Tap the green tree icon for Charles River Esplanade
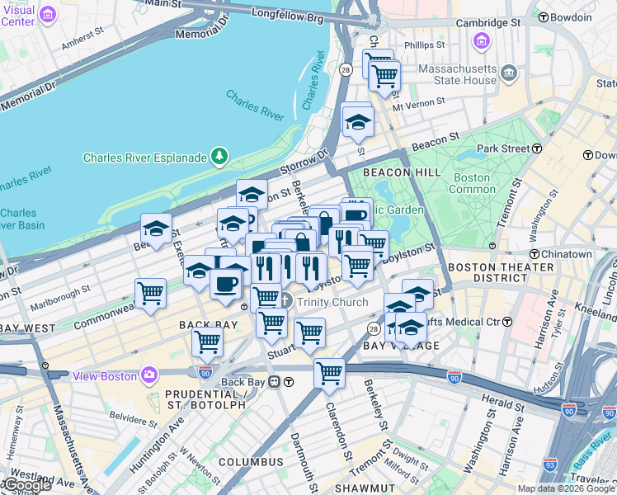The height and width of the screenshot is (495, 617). tap(219, 156)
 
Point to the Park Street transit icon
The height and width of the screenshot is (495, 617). tap(537, 148)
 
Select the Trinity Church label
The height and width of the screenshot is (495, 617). tap(332, 302)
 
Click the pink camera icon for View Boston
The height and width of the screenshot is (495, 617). tap(149, 375)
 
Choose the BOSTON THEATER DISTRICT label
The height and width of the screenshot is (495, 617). tap(501, 274)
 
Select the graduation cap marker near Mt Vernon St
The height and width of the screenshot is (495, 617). tap(358, 121)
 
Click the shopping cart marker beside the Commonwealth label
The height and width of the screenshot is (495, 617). tap(151, 293)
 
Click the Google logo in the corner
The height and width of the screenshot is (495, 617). tap(26, 485)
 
